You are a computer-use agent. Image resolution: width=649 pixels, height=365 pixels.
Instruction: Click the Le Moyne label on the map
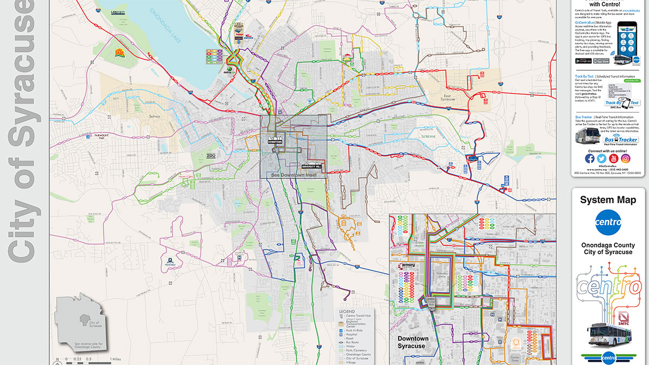(x=428, y=137)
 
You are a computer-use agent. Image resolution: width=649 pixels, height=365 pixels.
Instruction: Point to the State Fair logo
(x=119, y=52)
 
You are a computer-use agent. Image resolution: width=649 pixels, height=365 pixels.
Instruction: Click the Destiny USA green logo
(x=228, y=70)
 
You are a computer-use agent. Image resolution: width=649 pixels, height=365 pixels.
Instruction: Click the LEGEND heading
(x=347, y=311)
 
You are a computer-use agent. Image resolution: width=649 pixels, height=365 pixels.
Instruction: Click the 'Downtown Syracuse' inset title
(x=413, y=342)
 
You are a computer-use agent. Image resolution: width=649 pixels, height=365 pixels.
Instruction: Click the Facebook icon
(x=590, y=158)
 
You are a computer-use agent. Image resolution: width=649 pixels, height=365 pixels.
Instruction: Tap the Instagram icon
(x=626, y=158)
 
